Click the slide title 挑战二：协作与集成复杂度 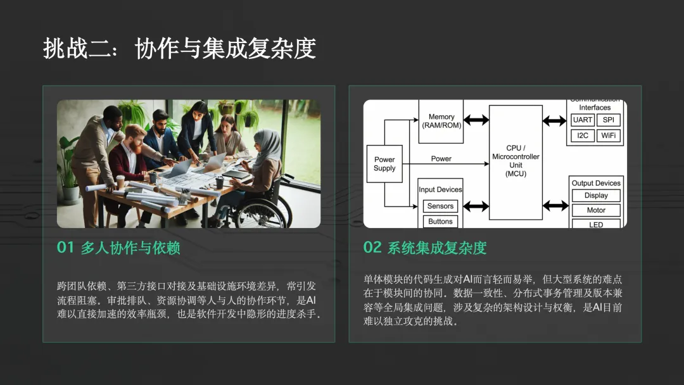[179, 48]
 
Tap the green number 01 [65, 248]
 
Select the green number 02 [372, 248]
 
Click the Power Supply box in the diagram [384, 164]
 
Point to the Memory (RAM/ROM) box [441, 121]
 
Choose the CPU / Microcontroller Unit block [516, 162]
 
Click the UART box [583, 120]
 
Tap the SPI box [608, 120]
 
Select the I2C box [583, 136]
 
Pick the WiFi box [608, 136]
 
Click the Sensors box [440, 206]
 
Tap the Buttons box [440, 222]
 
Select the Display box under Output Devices [596, 195]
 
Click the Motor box [596, 210]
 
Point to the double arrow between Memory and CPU [476, 120]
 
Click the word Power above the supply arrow [441, 159]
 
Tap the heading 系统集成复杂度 [436, 248]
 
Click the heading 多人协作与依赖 [130, 248]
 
